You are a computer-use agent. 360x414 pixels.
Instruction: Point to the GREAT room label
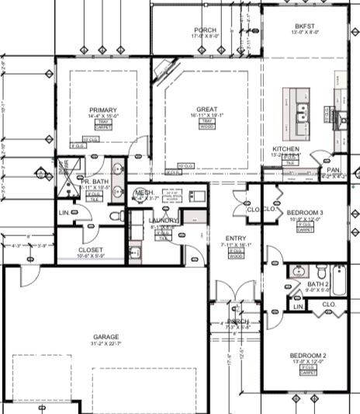coord(206,110)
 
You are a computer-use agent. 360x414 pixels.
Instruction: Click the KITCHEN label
coord(286,148)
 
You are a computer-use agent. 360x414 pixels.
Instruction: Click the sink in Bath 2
coord(317,272)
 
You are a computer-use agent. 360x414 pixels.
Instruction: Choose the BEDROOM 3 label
coord(305,212)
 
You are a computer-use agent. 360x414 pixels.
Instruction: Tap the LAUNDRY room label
coord(164,221)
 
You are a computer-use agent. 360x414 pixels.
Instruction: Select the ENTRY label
coord(236,238)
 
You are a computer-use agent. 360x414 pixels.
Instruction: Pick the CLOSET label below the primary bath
coord(91,250)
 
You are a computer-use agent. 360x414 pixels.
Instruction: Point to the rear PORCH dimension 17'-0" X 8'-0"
coord(206,36)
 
